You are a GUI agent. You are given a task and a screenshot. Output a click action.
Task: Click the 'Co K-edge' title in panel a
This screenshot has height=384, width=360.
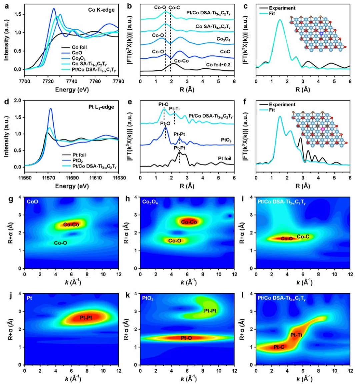[101, 10]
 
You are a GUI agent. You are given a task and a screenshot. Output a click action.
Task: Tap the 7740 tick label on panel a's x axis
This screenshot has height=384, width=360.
[71, 81]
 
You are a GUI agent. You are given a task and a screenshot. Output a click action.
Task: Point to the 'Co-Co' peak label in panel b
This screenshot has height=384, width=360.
[181, 61]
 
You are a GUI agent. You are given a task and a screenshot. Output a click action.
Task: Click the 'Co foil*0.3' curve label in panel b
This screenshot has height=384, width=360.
[218, 65]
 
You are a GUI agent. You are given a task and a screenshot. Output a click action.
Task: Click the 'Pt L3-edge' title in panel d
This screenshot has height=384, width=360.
[101, 107]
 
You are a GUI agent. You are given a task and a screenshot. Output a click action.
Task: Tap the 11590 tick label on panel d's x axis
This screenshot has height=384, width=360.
[72, 177]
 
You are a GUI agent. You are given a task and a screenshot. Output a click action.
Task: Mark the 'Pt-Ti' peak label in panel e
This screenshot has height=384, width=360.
[174, 108]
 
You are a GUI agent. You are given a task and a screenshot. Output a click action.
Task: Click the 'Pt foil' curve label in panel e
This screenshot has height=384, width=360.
[224, 158]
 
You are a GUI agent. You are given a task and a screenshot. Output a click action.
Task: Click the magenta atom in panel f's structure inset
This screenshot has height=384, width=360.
[323, 129]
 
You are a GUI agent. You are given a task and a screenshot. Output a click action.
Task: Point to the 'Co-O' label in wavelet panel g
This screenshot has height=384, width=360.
[60, 243]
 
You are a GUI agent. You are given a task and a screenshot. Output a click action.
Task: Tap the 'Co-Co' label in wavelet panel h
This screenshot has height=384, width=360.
[189, 222]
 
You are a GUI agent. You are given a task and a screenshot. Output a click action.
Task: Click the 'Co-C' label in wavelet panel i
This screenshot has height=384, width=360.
[303, 237]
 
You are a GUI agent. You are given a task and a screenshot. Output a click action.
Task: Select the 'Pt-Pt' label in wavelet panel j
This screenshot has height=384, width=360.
[86, 318]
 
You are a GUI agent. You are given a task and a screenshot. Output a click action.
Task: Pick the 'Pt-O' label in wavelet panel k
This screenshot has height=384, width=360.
[186, 338]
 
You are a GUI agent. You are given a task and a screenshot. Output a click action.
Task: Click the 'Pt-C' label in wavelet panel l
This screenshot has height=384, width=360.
[279, 347]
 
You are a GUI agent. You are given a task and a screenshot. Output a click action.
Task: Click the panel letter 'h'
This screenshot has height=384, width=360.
[128, 199]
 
